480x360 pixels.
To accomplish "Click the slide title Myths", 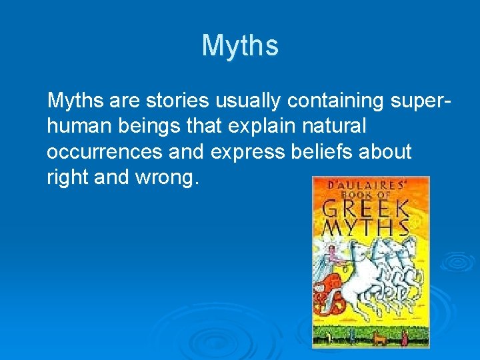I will coord(240,46).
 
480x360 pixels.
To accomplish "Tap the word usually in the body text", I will coord(249,101).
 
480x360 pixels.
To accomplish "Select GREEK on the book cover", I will coord(365,208).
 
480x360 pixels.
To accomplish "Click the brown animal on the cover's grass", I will coord(381,338).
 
